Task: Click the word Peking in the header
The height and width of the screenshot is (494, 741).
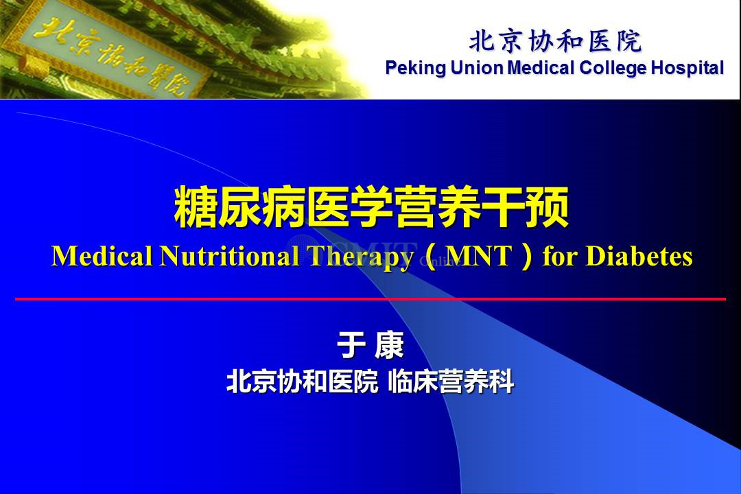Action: [x=415, y=68]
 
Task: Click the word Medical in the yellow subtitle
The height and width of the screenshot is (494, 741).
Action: [x=102, y=256]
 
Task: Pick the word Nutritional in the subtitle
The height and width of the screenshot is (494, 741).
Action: [x=230, y=256]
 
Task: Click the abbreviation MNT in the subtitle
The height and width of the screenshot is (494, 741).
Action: [x=479, y=256]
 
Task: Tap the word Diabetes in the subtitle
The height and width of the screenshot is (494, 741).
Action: [x=639, y=256]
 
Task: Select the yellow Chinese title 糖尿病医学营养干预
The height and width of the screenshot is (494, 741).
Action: [x=371, y=207]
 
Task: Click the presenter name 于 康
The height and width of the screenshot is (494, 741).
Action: [x=370, y=345]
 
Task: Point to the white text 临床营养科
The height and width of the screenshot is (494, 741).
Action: [x=451, y=381]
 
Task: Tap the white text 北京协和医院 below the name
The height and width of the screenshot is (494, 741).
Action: [x=303, y=381]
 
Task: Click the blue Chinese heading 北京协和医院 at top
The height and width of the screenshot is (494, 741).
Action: [x=555, y=41]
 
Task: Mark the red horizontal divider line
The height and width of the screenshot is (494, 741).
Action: [x=370, y=298]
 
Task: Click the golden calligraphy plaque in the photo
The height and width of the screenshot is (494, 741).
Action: [x=111, y=53]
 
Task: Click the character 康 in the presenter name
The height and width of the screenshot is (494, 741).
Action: [x=390, y=345]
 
